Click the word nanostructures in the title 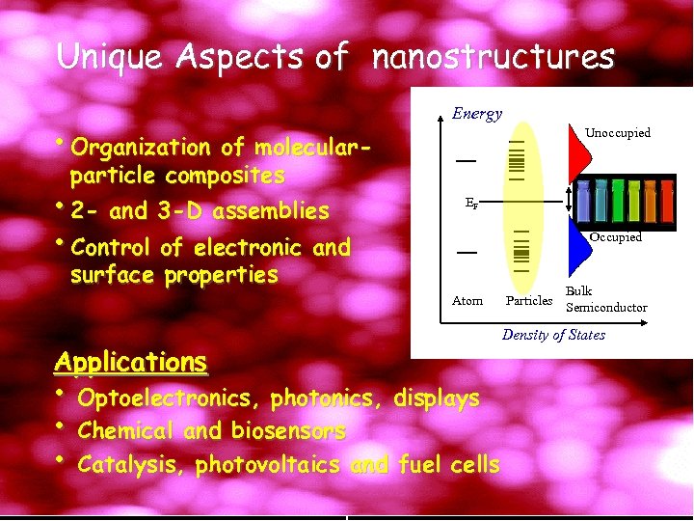coord(493,58)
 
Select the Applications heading coord(130,363)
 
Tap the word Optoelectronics coord(170,398)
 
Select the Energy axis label coord(477,114)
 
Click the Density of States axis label coord(553,335)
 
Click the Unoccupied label coord(618,133)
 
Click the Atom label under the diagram coord(467,301)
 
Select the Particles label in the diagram coord(529,301)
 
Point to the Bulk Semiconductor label coord(605,299)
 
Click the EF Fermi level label coord(469,205)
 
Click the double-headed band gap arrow coord(570,203)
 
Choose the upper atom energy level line coord(467,159)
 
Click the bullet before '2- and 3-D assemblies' coord(62,208)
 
